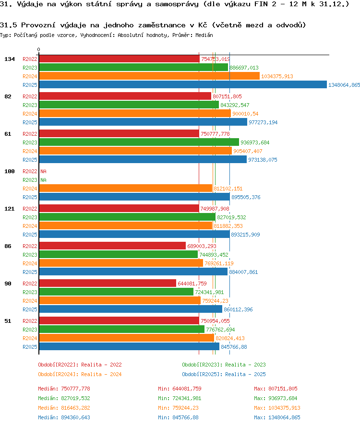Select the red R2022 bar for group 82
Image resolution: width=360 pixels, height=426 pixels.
coord(125,96)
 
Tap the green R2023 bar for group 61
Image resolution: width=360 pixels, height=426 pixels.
coord(139,142)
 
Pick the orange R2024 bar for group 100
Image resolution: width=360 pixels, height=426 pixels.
coord(125,189)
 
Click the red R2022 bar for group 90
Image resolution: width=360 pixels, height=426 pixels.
coord(108,284)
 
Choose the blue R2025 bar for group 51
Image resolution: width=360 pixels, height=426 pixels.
coord(129,347)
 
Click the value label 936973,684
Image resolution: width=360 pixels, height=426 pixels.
coord(255,142)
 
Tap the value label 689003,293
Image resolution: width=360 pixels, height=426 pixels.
coord(202,246)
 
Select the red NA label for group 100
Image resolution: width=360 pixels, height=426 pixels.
coord(43,171)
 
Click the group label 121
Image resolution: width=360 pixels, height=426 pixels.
coord(9,209)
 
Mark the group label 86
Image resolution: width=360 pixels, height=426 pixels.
coord(8,246)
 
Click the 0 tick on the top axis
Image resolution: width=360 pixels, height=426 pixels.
coord(39,50)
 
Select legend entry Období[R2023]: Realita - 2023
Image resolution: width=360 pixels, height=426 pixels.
coord(224,365)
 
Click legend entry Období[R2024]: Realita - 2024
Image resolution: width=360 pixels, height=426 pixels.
coord(80,374)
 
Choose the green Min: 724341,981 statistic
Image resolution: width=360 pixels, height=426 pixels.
coord(180,398)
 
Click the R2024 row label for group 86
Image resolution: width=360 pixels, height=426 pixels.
coord(30,263)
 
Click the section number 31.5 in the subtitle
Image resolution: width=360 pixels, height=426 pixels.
coord(9,25)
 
